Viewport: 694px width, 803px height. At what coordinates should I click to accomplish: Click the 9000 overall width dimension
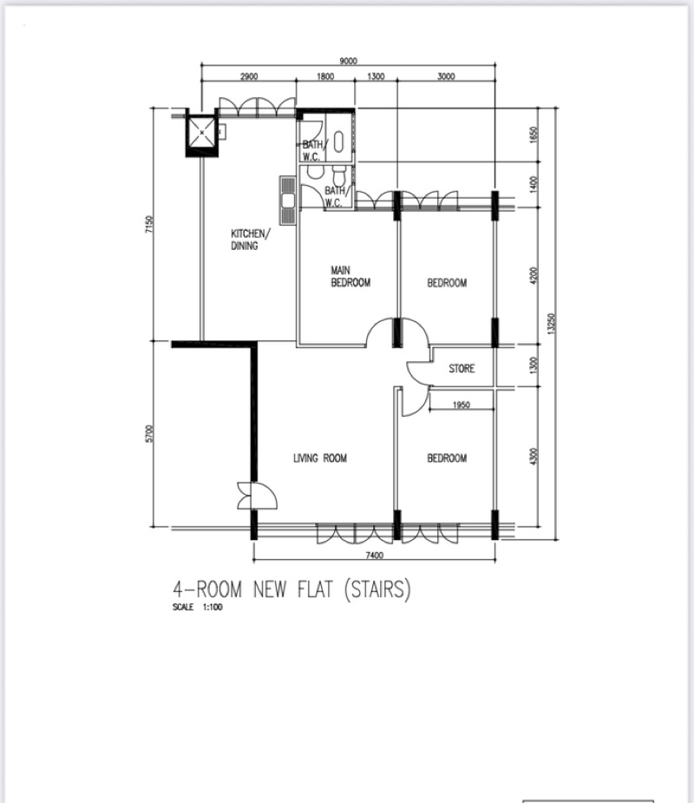click(348, 61)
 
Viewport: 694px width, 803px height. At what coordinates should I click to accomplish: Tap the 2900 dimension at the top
click(249, 76)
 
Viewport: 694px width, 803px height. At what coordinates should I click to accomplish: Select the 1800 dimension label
click(325, 76)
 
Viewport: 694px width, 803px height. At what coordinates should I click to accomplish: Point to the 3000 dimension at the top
click(446, 76)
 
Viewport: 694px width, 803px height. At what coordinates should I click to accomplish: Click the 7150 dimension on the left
click(149, 224)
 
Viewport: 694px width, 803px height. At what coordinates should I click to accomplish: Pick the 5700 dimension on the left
click(149, 433)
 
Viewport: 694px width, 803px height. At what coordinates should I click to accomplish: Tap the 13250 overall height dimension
click(551, 324)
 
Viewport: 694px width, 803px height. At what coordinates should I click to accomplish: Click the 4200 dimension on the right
click(534, 275)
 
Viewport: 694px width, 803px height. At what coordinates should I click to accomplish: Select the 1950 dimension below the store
click(462, 405)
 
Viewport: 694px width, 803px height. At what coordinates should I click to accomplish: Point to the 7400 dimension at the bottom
click(375, 555)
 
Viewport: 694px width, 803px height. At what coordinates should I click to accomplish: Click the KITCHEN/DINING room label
click(250, 240)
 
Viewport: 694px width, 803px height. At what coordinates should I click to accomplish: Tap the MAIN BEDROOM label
click(350, 277)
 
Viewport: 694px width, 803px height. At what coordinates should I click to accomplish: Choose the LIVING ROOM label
click(320, 457)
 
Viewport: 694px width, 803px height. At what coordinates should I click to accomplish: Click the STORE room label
click(462, 368)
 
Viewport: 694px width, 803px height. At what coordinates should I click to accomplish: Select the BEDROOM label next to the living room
click(447, 457)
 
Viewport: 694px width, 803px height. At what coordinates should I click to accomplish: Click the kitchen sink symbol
click(288, 201)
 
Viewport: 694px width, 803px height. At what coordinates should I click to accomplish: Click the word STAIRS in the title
click(377, 589)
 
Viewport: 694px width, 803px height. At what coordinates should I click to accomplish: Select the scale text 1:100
click(213, 608)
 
